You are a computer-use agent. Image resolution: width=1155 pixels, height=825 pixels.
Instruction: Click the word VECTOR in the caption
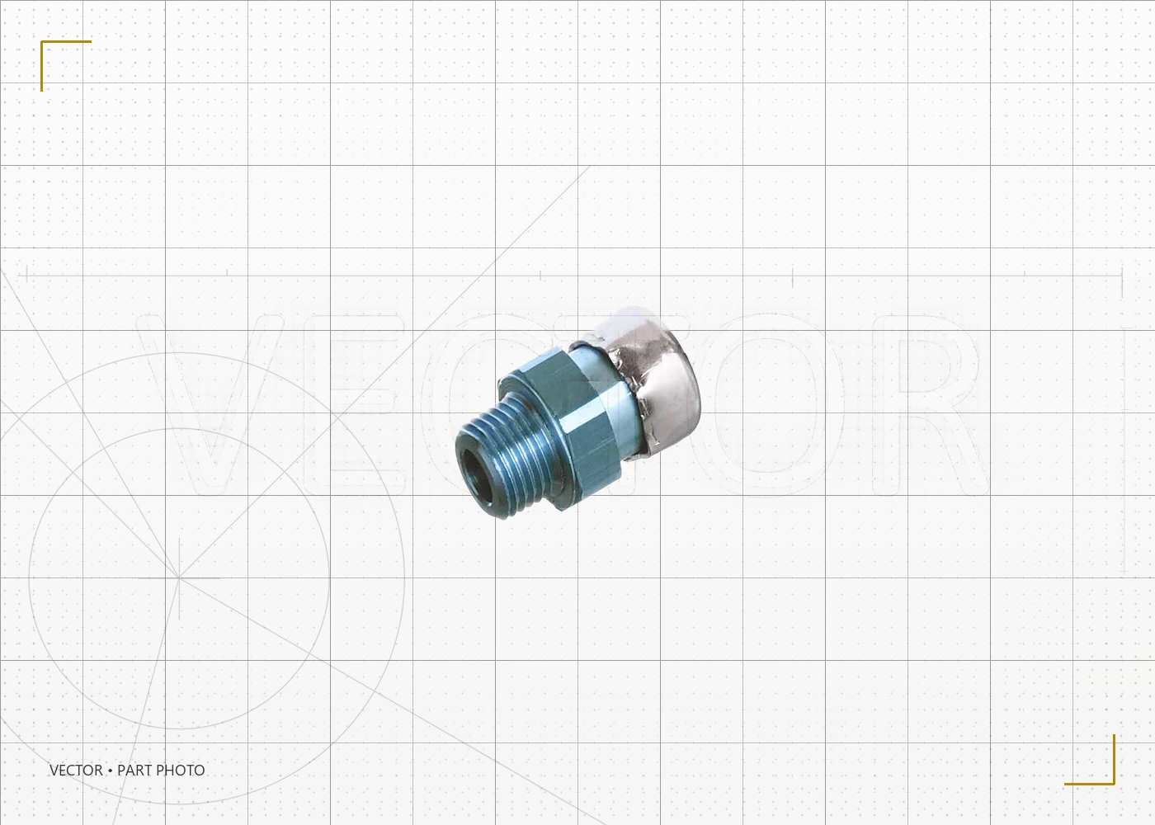click(x=76, y=771)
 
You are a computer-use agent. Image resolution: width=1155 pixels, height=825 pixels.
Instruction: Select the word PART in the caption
click(x=134, y=771)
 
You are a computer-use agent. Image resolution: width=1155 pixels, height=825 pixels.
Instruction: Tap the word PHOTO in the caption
click(x=181, y=771)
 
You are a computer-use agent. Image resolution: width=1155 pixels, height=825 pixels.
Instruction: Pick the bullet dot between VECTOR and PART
click(x=110, y=771)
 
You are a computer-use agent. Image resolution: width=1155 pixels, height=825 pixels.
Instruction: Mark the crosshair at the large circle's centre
click(x=179, y=577)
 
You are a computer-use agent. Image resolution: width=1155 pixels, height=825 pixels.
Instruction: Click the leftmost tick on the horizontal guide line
click(x=26, y=275)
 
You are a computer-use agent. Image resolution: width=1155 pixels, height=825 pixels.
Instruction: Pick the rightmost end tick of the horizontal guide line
click(x=1122, y=276)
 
